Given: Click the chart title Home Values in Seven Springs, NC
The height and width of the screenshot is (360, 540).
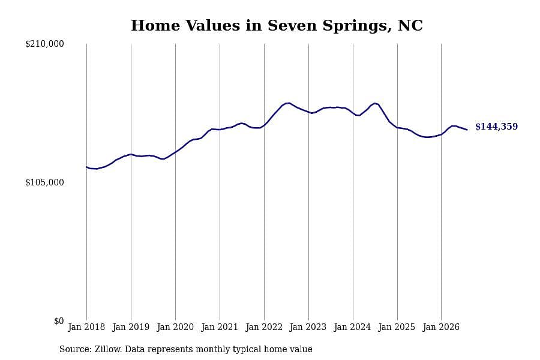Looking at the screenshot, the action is [277, 26].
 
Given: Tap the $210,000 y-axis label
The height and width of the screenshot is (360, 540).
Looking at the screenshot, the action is [44, 44].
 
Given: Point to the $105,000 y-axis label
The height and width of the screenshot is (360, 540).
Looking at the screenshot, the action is [44, 182].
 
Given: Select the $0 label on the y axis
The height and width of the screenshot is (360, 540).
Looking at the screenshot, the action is [59, 321].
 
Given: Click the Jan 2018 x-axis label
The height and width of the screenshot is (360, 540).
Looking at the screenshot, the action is [86, 327].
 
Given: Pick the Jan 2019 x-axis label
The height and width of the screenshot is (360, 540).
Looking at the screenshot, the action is [131, 327].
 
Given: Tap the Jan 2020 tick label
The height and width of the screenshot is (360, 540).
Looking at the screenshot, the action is [175, 327].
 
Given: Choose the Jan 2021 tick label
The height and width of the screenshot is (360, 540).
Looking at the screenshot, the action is [220, 327].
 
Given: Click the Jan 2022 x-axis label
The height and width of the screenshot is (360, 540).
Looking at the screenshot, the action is [264, 327].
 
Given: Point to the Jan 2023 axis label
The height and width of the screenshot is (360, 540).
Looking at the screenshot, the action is [308, 327].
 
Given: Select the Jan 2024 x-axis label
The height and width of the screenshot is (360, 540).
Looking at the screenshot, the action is [352, 327].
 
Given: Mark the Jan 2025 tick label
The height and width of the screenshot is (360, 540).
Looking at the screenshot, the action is [397, 327].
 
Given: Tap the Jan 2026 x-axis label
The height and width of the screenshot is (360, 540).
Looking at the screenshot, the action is [441, 327].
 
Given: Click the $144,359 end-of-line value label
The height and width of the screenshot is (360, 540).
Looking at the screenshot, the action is [496, 127].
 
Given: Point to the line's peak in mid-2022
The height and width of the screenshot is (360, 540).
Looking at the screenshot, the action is [289, 103].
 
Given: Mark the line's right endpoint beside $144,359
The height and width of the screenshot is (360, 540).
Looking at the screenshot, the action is [467, 130].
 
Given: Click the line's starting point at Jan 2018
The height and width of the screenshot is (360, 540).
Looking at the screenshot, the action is [86, 167].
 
